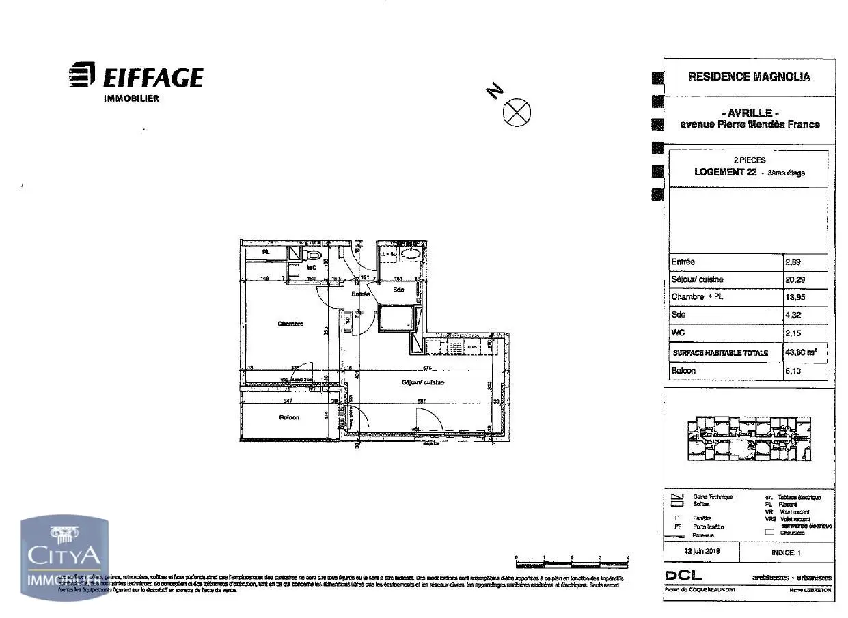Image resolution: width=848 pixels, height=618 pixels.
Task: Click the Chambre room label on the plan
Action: [290, 324]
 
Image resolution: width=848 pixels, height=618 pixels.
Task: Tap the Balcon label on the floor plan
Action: [289, 417]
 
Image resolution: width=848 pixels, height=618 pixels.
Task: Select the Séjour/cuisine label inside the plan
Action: [423, 382]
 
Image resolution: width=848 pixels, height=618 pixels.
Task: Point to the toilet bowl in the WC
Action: [314, 255]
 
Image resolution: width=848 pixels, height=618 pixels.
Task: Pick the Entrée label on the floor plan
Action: [360, 294]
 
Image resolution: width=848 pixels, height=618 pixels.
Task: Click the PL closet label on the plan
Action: [266, 252]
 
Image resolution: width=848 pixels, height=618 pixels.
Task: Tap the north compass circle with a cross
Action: [517, 111]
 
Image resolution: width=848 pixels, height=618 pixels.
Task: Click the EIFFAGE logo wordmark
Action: [152, 77]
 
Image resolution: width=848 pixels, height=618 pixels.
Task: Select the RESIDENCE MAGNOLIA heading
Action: [749, 76]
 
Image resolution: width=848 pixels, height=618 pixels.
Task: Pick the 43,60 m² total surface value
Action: [801, 352]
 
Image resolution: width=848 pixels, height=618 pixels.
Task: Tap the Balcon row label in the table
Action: [683, 371]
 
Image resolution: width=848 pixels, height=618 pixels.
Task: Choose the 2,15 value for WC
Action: [793, 333]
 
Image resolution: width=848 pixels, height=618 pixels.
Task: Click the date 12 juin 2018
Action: [702, 550]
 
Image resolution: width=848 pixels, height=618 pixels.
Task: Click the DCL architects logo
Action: [683, 576]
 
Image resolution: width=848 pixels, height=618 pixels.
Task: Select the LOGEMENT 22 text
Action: [725, 172]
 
